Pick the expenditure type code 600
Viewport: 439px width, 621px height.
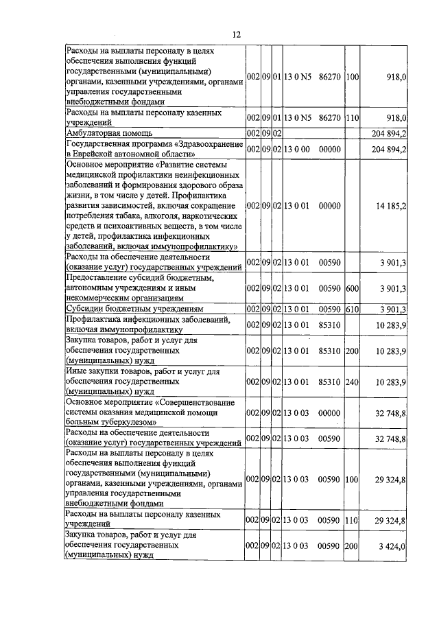(x=353, y=288)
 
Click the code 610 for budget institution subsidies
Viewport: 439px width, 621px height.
(x=353, y=309)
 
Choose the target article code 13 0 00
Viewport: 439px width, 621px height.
(x=298, y=149)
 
